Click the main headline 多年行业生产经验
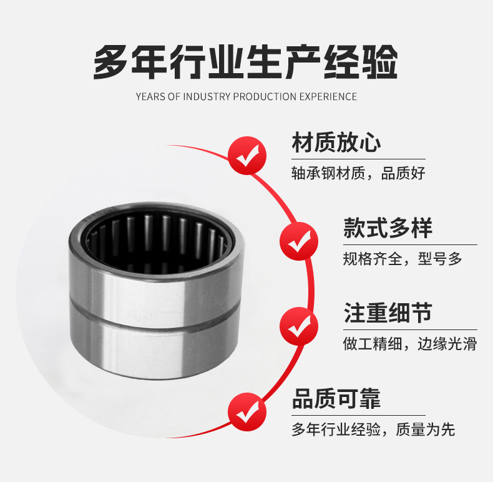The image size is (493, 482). [245, 62]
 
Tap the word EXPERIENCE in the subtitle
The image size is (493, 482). [328, 96]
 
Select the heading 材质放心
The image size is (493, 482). [336, 143]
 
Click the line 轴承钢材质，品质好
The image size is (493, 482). [358, 173]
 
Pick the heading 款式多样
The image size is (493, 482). [388, 228]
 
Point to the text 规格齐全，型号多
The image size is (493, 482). [403, 259]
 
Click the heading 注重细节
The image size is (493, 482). [388, 313]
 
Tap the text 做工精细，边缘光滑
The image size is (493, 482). [410, 344]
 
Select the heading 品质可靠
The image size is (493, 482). [336, 398]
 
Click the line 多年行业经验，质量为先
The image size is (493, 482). [373, 429]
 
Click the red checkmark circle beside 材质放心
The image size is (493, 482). [247, 156]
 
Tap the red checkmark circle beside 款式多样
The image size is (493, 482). [299, 241]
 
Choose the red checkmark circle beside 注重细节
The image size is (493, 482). [299, 326]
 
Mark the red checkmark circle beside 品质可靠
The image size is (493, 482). [247, 412]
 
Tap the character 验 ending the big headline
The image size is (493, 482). [380, 62]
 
